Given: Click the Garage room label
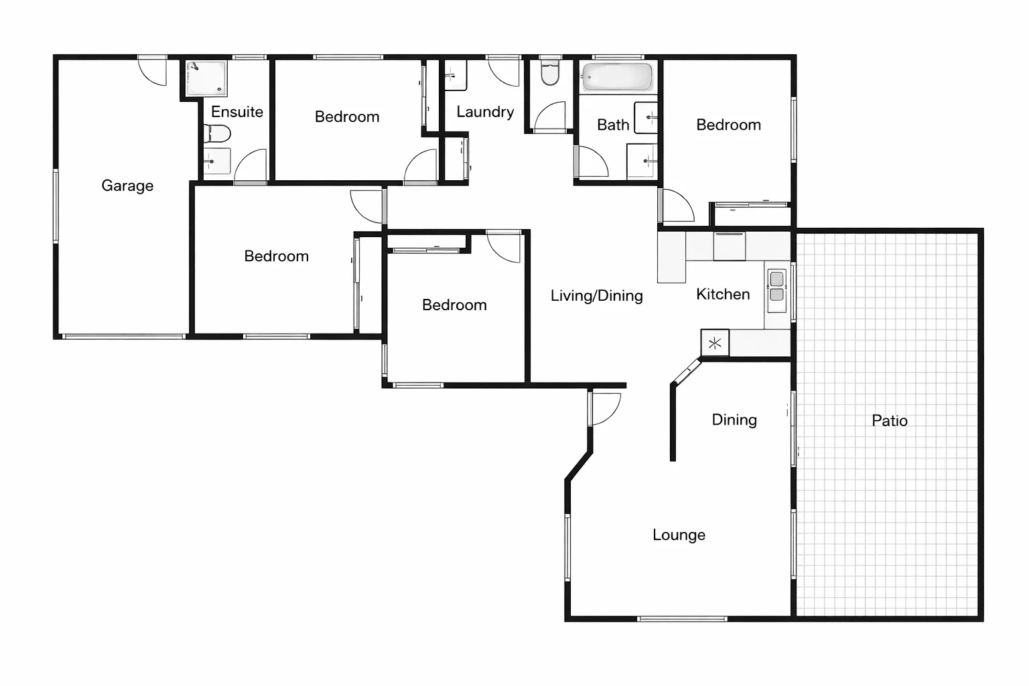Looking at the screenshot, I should coord(127,186).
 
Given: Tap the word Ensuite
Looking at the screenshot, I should coord(237,112).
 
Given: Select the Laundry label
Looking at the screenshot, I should coord(485,112).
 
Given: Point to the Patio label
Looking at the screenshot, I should coord(890,421).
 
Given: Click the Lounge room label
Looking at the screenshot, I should coord(679,535).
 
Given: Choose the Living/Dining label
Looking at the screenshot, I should coord(596,295).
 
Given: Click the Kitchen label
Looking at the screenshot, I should coord(723,294).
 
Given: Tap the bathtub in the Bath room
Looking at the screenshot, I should coord(616,76).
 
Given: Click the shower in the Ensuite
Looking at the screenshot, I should coord(206,78).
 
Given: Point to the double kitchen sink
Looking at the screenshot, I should coord(776,287).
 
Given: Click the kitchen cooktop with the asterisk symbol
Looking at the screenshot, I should coord(715,343).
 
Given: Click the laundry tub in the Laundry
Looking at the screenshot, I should coord(455,76).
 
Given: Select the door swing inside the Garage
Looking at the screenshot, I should coord(153,71).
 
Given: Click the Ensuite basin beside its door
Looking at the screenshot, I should coord(216,161).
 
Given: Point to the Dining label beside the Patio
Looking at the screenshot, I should coord(734,420).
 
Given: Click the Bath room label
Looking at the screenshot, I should coord(613,125).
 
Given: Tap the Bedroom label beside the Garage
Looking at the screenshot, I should coord(276,256).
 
